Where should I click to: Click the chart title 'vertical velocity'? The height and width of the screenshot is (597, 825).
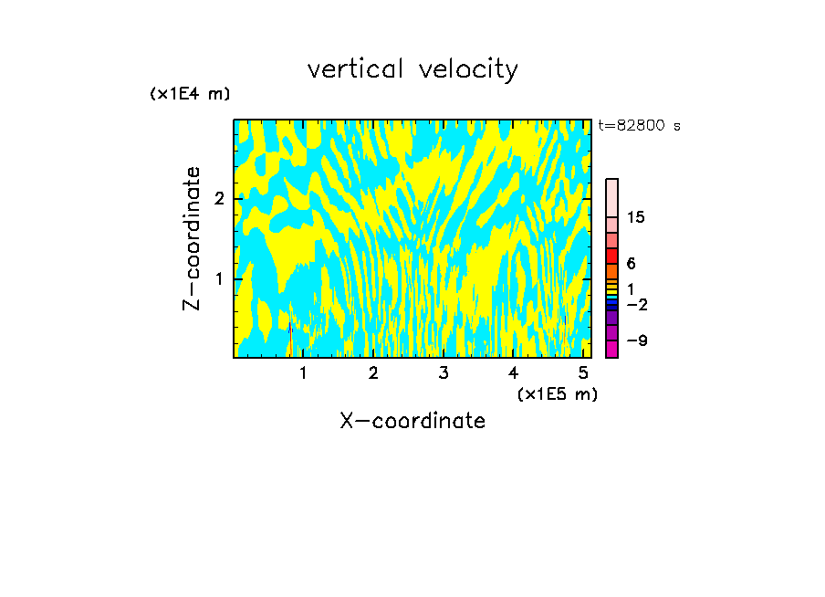[412, 69]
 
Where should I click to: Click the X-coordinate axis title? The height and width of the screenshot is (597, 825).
[412, 421]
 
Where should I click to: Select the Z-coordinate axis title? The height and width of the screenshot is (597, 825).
[192, 238]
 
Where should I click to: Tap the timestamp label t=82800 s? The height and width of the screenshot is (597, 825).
[639, 126]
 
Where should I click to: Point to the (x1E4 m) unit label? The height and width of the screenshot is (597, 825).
[190, 94]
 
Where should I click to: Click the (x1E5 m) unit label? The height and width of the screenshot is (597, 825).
[557, 393]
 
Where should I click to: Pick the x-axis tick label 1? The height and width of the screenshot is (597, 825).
[303, 373]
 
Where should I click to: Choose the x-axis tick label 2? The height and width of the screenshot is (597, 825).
[373, 373]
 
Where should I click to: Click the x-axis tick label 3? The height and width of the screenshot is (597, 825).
[443, 373]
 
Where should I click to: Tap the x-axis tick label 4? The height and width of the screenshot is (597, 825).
[513, 373]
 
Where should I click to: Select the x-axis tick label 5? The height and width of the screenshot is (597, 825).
[582, 373]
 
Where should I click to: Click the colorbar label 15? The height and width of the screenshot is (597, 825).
[636, 217]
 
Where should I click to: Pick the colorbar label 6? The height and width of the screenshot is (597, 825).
[631, 264]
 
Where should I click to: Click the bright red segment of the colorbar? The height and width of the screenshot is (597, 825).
[611, 255]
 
